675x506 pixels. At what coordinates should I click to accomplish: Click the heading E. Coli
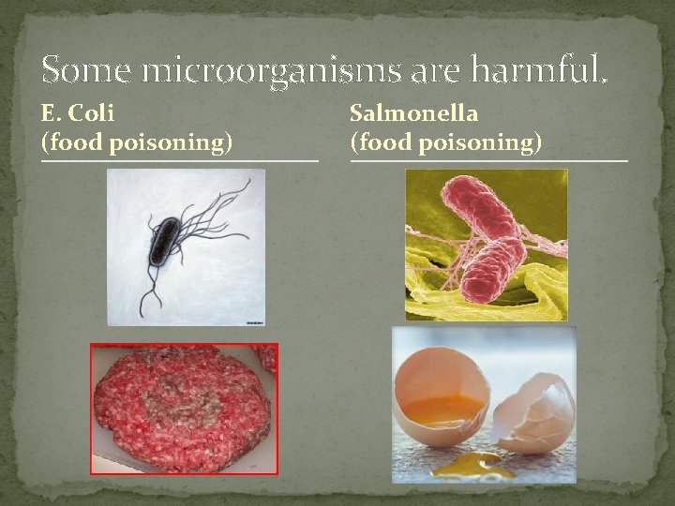click(78, 114)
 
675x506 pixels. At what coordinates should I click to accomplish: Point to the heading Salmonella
click(413, 114)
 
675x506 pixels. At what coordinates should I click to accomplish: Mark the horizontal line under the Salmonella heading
click(488, 160)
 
